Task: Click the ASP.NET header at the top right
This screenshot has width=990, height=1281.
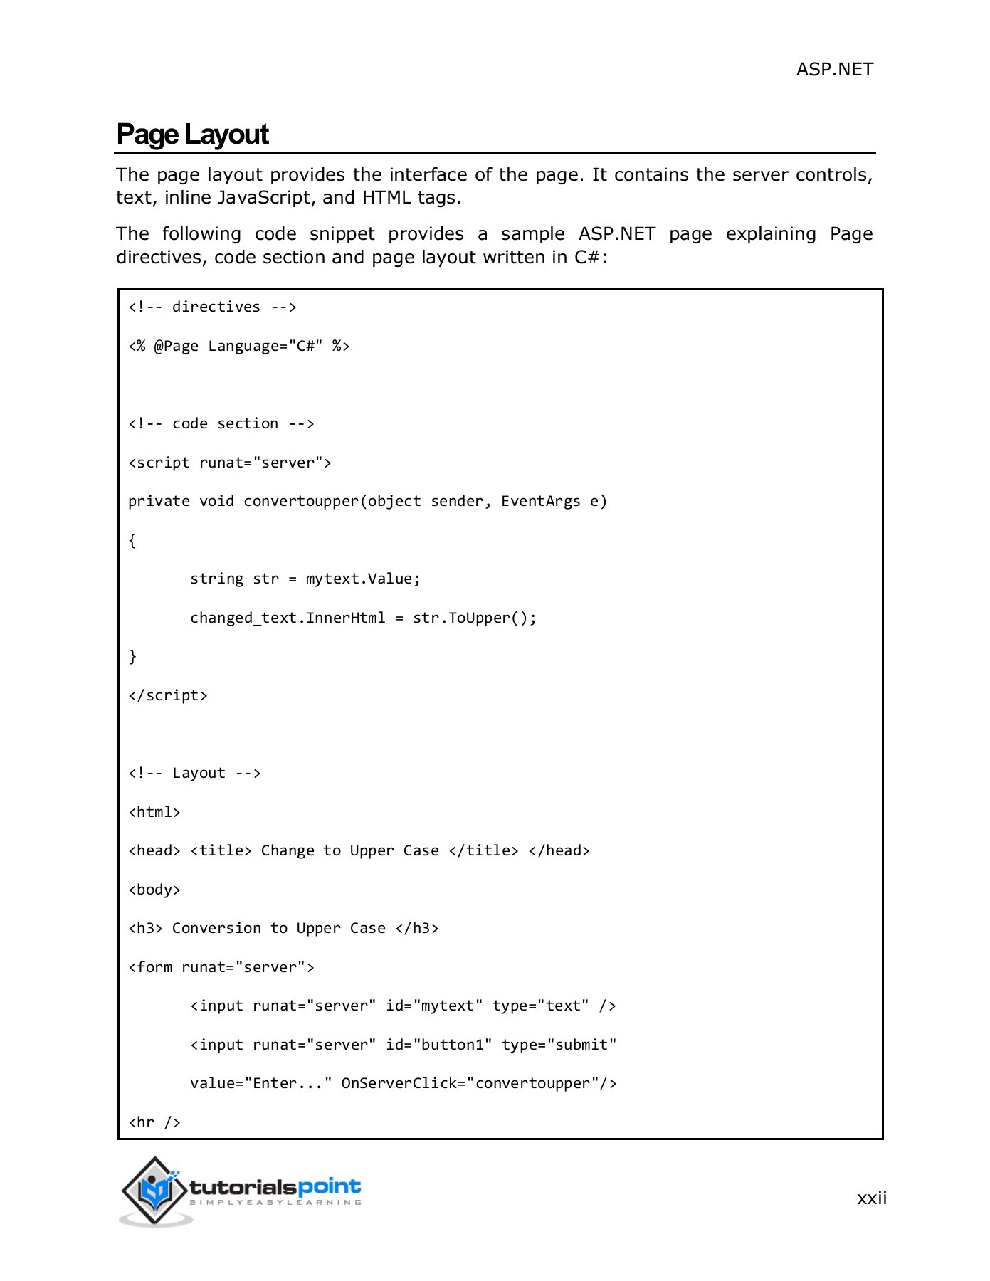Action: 834,69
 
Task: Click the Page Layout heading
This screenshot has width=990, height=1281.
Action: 192,135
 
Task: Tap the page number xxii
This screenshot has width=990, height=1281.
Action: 871,1198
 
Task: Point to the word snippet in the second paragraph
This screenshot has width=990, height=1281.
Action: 342,234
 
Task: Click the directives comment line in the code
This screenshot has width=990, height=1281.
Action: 212,307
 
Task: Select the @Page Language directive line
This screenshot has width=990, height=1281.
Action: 238,346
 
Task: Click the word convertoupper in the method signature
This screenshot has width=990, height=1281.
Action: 301,501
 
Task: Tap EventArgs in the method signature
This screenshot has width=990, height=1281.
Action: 540,501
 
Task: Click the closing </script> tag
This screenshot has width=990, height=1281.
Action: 168,695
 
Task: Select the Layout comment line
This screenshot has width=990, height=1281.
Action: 194,773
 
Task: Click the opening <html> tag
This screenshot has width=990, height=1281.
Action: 154,812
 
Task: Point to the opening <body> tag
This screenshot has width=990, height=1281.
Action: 154,890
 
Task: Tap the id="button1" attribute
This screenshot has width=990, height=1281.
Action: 438,1045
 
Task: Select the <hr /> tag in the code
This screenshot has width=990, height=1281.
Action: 154,1122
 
